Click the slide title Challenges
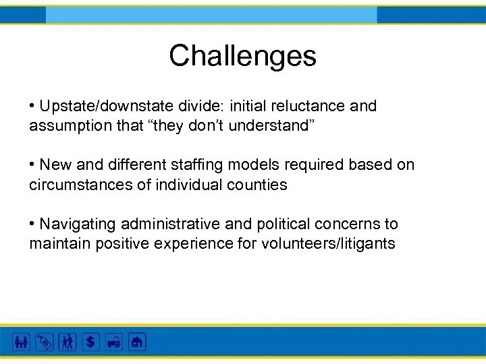click(242, 56)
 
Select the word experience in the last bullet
click(187, 243)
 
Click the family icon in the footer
click(22, 342)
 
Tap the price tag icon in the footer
click(45, 342)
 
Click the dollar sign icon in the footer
click(91, 342)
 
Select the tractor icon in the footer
click(114, 342)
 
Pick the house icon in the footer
click(137, 342)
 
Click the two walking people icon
click(67, 342)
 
